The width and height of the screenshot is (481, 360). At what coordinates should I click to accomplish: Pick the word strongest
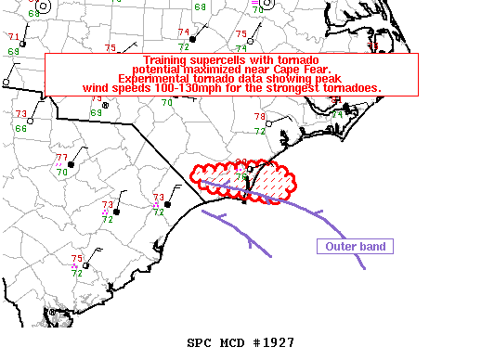(x=293, y=88)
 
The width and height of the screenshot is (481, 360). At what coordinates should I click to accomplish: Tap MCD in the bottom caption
(x=233, y=342)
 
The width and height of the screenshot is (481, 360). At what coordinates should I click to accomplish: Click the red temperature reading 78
(x=260, y=117)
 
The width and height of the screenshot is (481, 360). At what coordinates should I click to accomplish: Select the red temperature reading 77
(x=61, y=158)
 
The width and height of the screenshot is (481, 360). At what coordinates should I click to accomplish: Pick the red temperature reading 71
(x=14, y=37)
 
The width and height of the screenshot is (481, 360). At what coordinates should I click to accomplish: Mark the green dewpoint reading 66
(x=20, y=128)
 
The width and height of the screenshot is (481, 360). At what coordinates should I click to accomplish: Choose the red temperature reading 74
(x=184, y=32)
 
